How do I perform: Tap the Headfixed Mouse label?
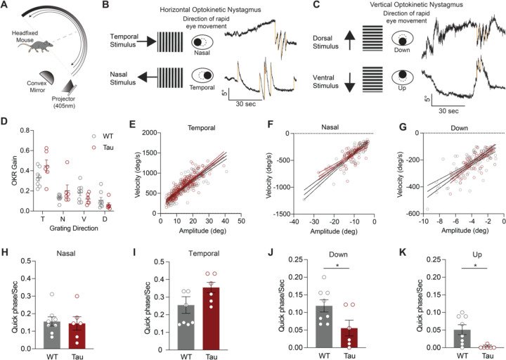coord(32,48)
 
